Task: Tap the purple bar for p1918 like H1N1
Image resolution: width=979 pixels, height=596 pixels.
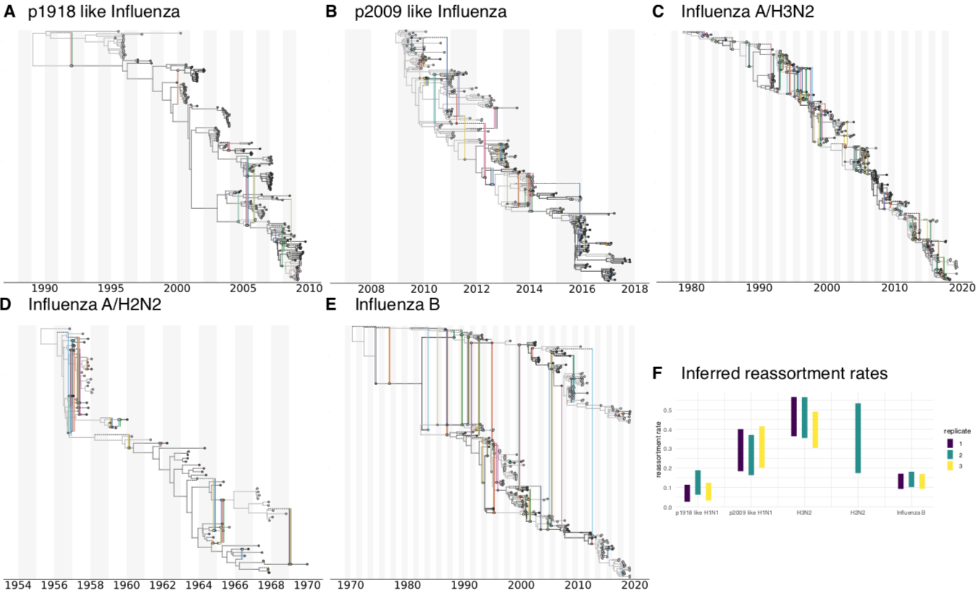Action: (687, 493)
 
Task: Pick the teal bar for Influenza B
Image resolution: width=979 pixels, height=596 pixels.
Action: (912, 479)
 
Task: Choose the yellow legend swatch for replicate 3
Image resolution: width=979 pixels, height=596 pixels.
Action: (950, 466)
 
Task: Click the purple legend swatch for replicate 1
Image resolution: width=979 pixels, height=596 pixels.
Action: (950, 444)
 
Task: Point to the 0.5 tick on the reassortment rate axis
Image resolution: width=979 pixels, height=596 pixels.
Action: (667, 410)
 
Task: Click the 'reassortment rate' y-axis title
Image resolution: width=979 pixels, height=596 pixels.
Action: (658, 449)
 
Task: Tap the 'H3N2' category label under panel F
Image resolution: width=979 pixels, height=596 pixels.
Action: (804, 513)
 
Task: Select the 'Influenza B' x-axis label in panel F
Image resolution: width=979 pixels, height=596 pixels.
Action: (911, 513)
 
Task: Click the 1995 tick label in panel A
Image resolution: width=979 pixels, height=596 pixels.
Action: (111, 289)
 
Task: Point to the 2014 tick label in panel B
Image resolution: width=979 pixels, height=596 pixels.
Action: (529, 289)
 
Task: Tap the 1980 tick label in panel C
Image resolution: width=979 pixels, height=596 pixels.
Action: (691, 288)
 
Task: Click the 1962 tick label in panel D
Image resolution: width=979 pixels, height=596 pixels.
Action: (162, 585)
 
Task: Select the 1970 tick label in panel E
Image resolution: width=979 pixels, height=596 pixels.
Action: (351, 585)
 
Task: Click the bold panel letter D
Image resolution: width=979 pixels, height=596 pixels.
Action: (6, 305)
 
